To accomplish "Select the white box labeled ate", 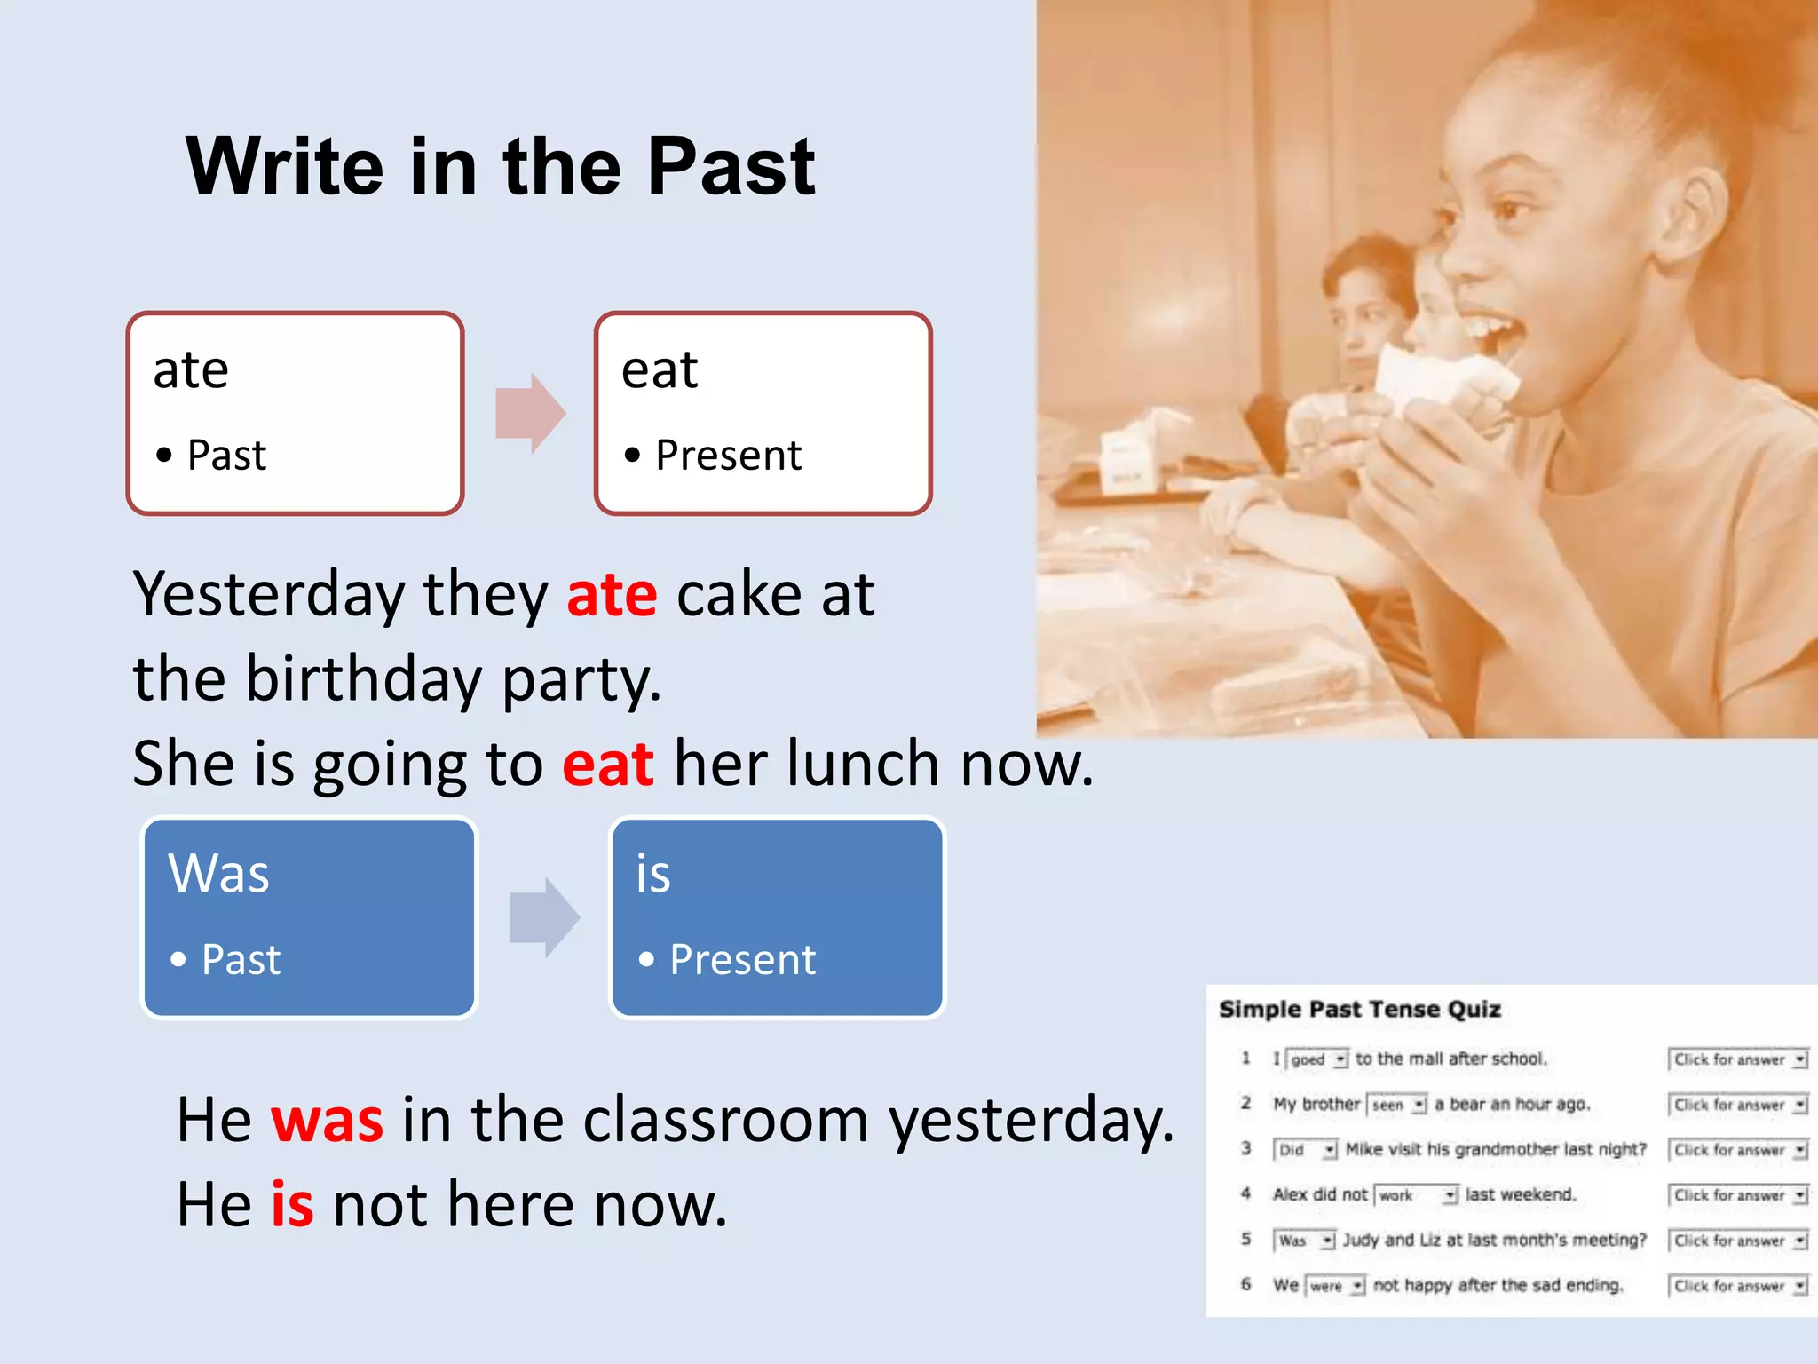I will pos(296,413).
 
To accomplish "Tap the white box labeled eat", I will pos(763,413).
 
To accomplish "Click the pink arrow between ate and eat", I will pos(530,413).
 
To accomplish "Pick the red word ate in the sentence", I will pos(612,595).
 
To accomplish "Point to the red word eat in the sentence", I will pos(608,764).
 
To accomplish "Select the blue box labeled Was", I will pos(309,917).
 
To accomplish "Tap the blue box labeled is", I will pos(778,917).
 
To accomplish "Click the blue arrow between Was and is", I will pos(544,917).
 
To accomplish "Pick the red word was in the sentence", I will pos(327,1121).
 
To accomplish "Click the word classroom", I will pos(726,1121).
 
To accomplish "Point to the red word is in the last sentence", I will pos(292,1205).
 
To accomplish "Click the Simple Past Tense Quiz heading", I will pos(1359,1010).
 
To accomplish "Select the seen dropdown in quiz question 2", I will pos(1396,1105).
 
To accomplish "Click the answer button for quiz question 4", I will pos(1738,1195).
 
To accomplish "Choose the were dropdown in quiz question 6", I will pos(1335,1286).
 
